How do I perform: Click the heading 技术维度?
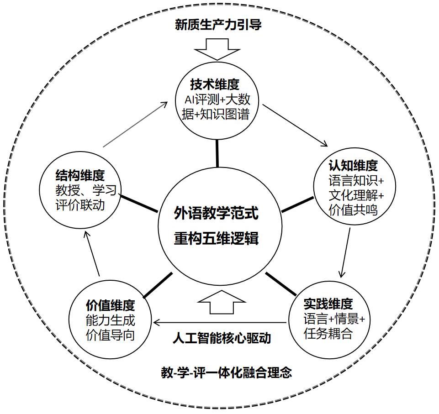(215, 84)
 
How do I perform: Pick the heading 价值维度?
(110, 305)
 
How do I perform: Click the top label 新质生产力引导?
(218, 25)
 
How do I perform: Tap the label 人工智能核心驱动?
(222, 338)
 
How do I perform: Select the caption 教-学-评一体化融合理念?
(227, 372)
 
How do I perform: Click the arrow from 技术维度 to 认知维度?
(295, 125)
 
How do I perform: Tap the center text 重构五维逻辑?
(217, 238)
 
